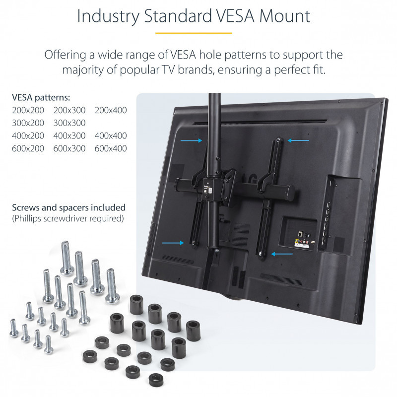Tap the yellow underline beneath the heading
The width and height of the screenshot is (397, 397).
click(x=194, y=33)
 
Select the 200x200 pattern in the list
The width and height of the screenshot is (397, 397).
click(x=28, y=110)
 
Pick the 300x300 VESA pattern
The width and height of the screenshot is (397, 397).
click(x=69, y=123)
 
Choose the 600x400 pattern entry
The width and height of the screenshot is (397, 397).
click(x=111, y=148)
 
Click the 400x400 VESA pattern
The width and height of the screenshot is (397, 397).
click(x=111, y=135)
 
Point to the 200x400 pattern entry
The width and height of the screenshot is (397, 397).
click(x=111, y=110)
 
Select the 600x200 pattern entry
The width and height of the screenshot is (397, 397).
click(x=28, y=148)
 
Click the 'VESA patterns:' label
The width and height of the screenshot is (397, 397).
click(x=41, y=97)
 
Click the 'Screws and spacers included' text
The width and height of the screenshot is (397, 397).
click(x=68, y=207)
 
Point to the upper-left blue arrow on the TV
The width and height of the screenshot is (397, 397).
click(x=191, y=140)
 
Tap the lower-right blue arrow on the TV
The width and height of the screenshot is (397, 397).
click(x=282, y=254)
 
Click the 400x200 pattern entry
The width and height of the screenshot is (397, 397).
click(x=28, y=135)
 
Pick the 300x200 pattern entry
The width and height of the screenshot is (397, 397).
click(x=28, y=123)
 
